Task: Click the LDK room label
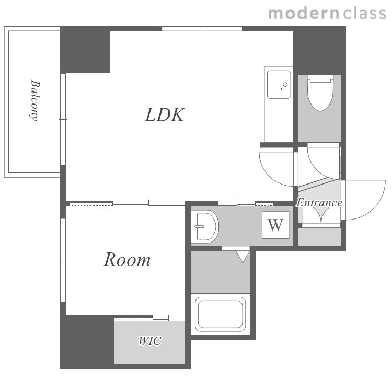click(x=165, y=114)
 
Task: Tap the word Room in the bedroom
click(x=127, y=259)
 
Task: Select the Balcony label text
click(x=34, y=100)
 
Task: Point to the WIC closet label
click(x=150, y=341)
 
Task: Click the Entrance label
click(x=319, y=202)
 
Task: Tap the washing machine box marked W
click(x=275, y=225)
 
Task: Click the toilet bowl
click(x=320, y=93)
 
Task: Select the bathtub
click(x=220, y=314)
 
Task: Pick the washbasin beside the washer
click(x=204, y=226)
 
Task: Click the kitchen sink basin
click(x=279, y=85)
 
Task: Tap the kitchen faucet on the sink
click(x=285, y=86)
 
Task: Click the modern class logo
click(x=327, y=14)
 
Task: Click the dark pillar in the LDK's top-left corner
click(x=86, y=50)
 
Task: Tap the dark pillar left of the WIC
click(x=87, y=341)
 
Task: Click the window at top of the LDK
click(x=202, y=29)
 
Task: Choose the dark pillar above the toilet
click(x=319, y=50)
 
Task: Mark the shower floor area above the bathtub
click(x=221, y=272)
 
